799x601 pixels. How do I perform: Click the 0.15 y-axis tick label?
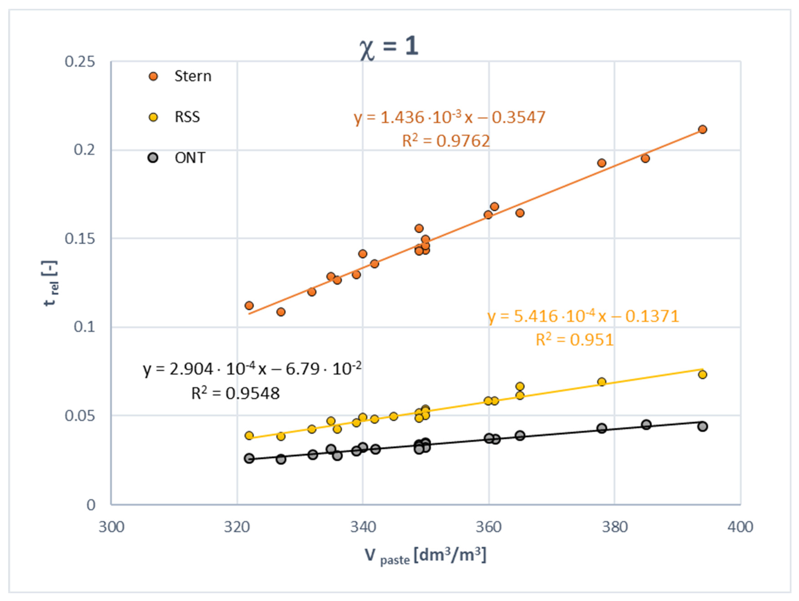[x=80, y=239]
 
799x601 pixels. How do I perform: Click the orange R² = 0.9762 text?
[x=446, y=141]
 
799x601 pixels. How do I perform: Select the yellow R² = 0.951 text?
[x=574, y=340]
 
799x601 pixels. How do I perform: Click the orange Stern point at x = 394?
[x=702, y=129]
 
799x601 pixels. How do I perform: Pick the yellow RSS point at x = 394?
[x=702, y=374]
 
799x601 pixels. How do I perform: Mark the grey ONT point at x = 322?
[x=249, y=459]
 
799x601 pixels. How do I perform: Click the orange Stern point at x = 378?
[x=601, y=163]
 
